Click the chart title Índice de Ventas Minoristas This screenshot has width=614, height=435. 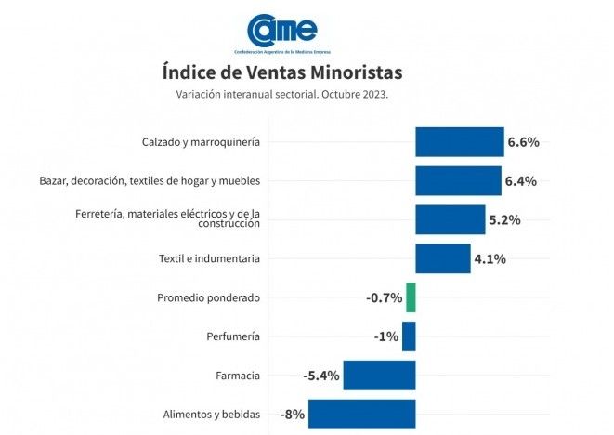click(x=282, y=72)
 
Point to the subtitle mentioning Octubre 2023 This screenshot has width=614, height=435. click(x=282, y=94)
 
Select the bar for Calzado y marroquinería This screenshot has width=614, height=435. click(x=459, y=142)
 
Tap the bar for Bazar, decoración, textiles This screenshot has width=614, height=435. click(x=458, y=180)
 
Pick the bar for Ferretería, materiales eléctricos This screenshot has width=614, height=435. click(x=450, y=219)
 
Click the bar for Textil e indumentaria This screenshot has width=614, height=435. click(x=442, y=258)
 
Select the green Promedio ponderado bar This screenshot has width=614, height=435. click(x=411, y=297)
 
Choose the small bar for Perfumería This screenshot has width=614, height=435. click(x=409, y=336)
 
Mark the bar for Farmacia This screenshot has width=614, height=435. click(x=379, y=376)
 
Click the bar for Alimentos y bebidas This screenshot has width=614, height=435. click(x=361, y=415)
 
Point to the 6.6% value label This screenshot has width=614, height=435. click(x=523, y=142)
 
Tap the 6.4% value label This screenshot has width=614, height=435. click(x=521, y=181)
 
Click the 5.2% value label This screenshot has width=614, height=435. click(x=504, y=220)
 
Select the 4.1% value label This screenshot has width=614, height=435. click(x=490, y=259)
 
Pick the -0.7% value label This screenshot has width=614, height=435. click(x=384, y=298)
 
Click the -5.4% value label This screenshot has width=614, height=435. click(x=321, y=376)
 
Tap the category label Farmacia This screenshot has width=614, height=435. click(x=238, y=376)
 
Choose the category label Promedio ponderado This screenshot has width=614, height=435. click(x=208, y=297)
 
